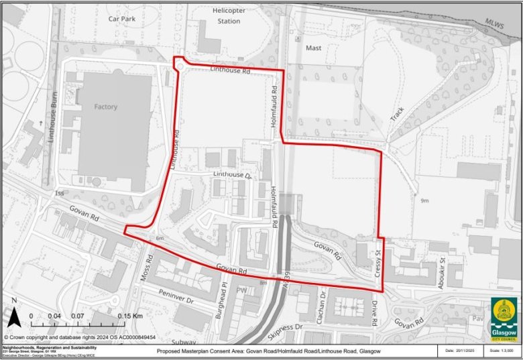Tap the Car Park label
tap(122, 19)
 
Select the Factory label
tap(106, 107)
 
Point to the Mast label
tap(314, 48)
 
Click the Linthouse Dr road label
tap(232, 174)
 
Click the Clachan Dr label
tap(322, 304)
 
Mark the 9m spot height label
tap(424, 200)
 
